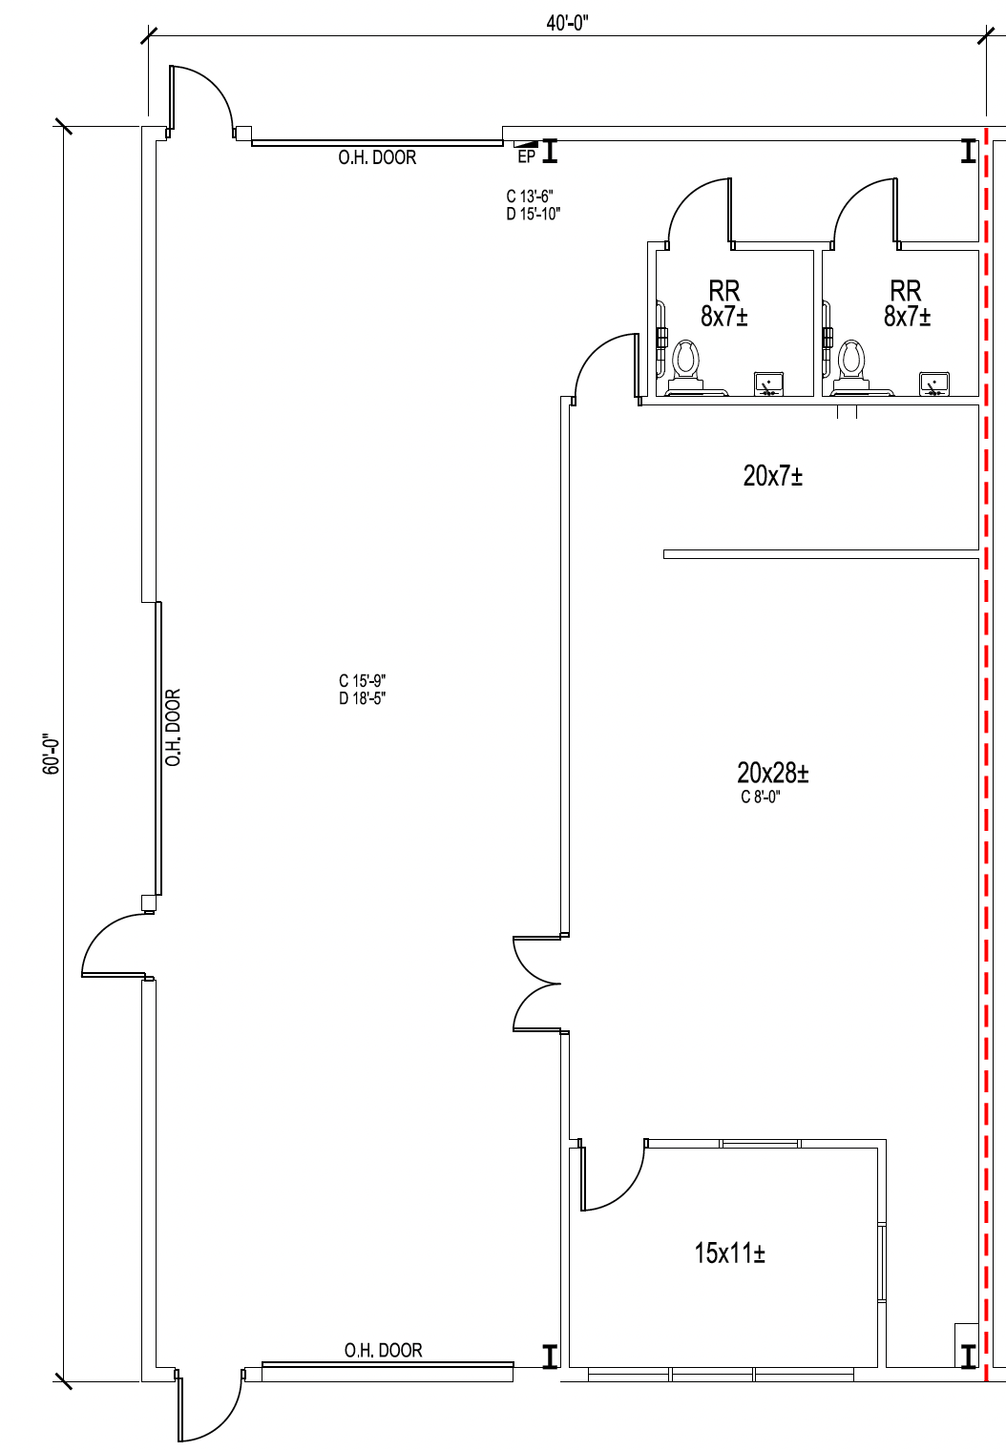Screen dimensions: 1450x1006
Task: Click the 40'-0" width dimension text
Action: point(567,24)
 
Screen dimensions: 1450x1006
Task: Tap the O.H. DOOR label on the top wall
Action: point(377,157)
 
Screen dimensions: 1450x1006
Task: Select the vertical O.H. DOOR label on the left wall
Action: point(173,728)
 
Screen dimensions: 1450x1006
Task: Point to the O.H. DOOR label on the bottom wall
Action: point(383,1350)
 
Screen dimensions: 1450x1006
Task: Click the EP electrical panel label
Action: point(526,157)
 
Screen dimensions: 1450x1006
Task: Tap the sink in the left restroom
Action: point(768,383)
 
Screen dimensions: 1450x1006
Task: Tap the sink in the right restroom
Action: point(933,383)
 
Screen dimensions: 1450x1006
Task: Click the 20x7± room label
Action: point(772,475)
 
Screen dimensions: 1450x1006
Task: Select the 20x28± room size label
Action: point(772,772)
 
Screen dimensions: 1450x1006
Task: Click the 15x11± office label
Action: point(729,1253)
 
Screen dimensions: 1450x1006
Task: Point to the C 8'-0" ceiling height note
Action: point(761,797)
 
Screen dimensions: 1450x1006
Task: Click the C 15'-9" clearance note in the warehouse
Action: point(362,681)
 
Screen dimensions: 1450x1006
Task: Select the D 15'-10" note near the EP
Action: point(533,214)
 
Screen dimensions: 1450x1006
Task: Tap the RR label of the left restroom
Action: point(723,290)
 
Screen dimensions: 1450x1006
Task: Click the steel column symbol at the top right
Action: point(968,151)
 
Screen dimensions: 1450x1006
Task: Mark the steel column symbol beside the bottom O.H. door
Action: point(550,1356)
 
